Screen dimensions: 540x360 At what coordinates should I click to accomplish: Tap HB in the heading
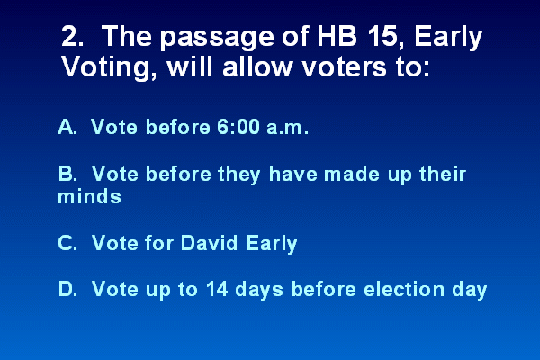pos(337,36)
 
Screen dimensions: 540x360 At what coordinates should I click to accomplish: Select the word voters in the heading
pos(345,67)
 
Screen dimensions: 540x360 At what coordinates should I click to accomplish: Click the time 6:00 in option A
pos(238,127)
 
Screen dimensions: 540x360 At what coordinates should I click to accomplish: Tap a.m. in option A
pos(287,128)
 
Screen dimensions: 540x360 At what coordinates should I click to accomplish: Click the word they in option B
pos(239,175)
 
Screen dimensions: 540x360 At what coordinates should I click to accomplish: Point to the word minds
pos(89,196)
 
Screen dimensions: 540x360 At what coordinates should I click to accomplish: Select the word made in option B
pos(352,174)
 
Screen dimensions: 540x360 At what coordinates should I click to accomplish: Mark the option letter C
pos(67,243)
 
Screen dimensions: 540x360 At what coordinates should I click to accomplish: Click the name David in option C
pos(209,242)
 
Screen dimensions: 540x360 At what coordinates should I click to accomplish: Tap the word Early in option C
pos(272,244)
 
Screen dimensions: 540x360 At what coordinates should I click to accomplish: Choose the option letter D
pos(67,289)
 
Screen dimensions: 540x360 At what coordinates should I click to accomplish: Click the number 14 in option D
pos(217,289)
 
